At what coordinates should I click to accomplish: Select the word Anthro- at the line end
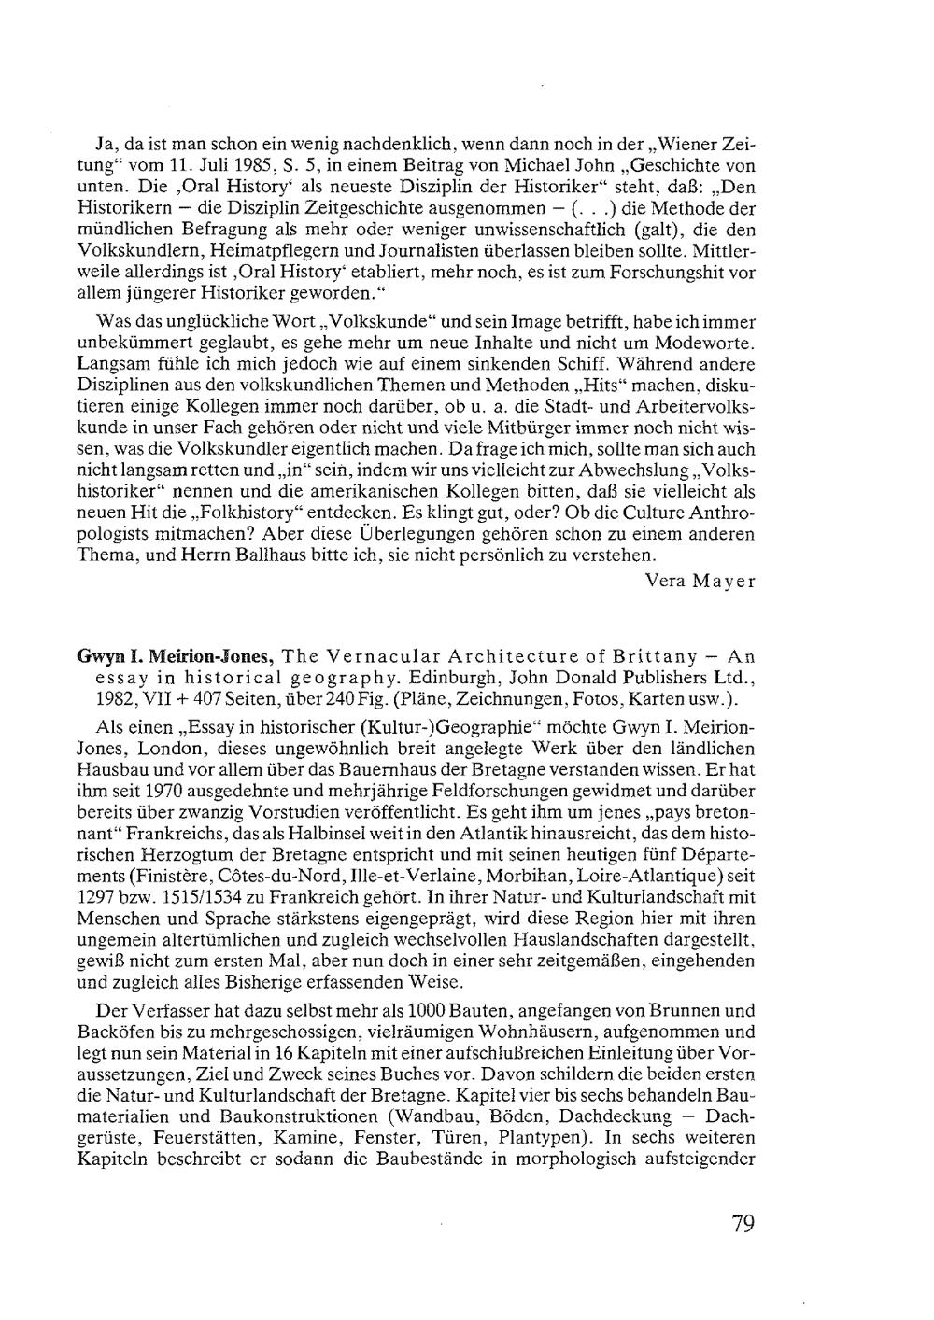pyautogui.click(x=722, y=513)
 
